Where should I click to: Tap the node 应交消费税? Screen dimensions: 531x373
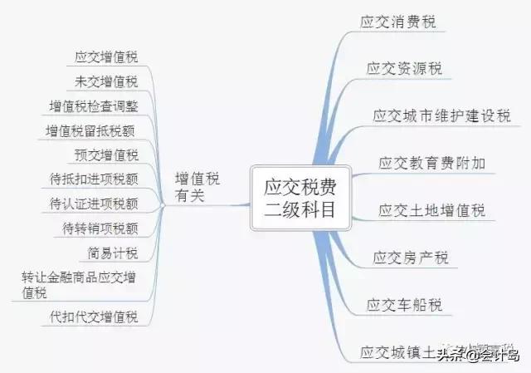(x=398, y=21)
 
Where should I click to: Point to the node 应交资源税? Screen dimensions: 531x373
(x=404, y=68)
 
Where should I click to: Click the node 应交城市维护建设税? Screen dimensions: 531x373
(x=441, y=115)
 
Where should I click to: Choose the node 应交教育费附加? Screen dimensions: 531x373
(x=431, y=163)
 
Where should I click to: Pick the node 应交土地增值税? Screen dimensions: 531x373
(x=431, y=210)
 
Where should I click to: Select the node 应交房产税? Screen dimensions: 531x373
(x=411, y=258)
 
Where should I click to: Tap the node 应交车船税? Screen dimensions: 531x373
(x=404, y=305)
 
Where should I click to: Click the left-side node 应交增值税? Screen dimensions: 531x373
(x=106, y=56)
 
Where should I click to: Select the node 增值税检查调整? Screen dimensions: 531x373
(x=94, y=106)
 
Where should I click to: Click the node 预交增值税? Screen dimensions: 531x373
(x=106, y=155)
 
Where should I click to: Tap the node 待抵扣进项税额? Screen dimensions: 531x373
(x=94, y=179)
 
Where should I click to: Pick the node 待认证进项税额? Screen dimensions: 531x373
(x=94, y=204)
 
